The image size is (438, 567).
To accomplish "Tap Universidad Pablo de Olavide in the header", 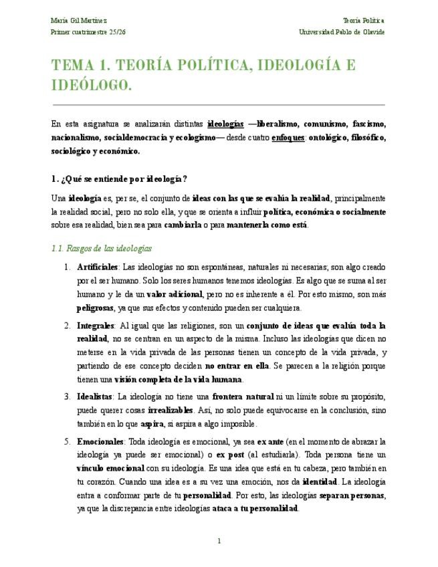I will (x=342, y=32).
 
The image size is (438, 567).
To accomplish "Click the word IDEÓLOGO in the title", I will (x=92, y=86).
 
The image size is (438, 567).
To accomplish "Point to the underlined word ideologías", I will (x=225, y=124).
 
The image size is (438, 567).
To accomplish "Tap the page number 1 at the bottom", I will (x=219, y=541).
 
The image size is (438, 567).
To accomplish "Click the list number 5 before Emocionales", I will (x=67, y=441).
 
